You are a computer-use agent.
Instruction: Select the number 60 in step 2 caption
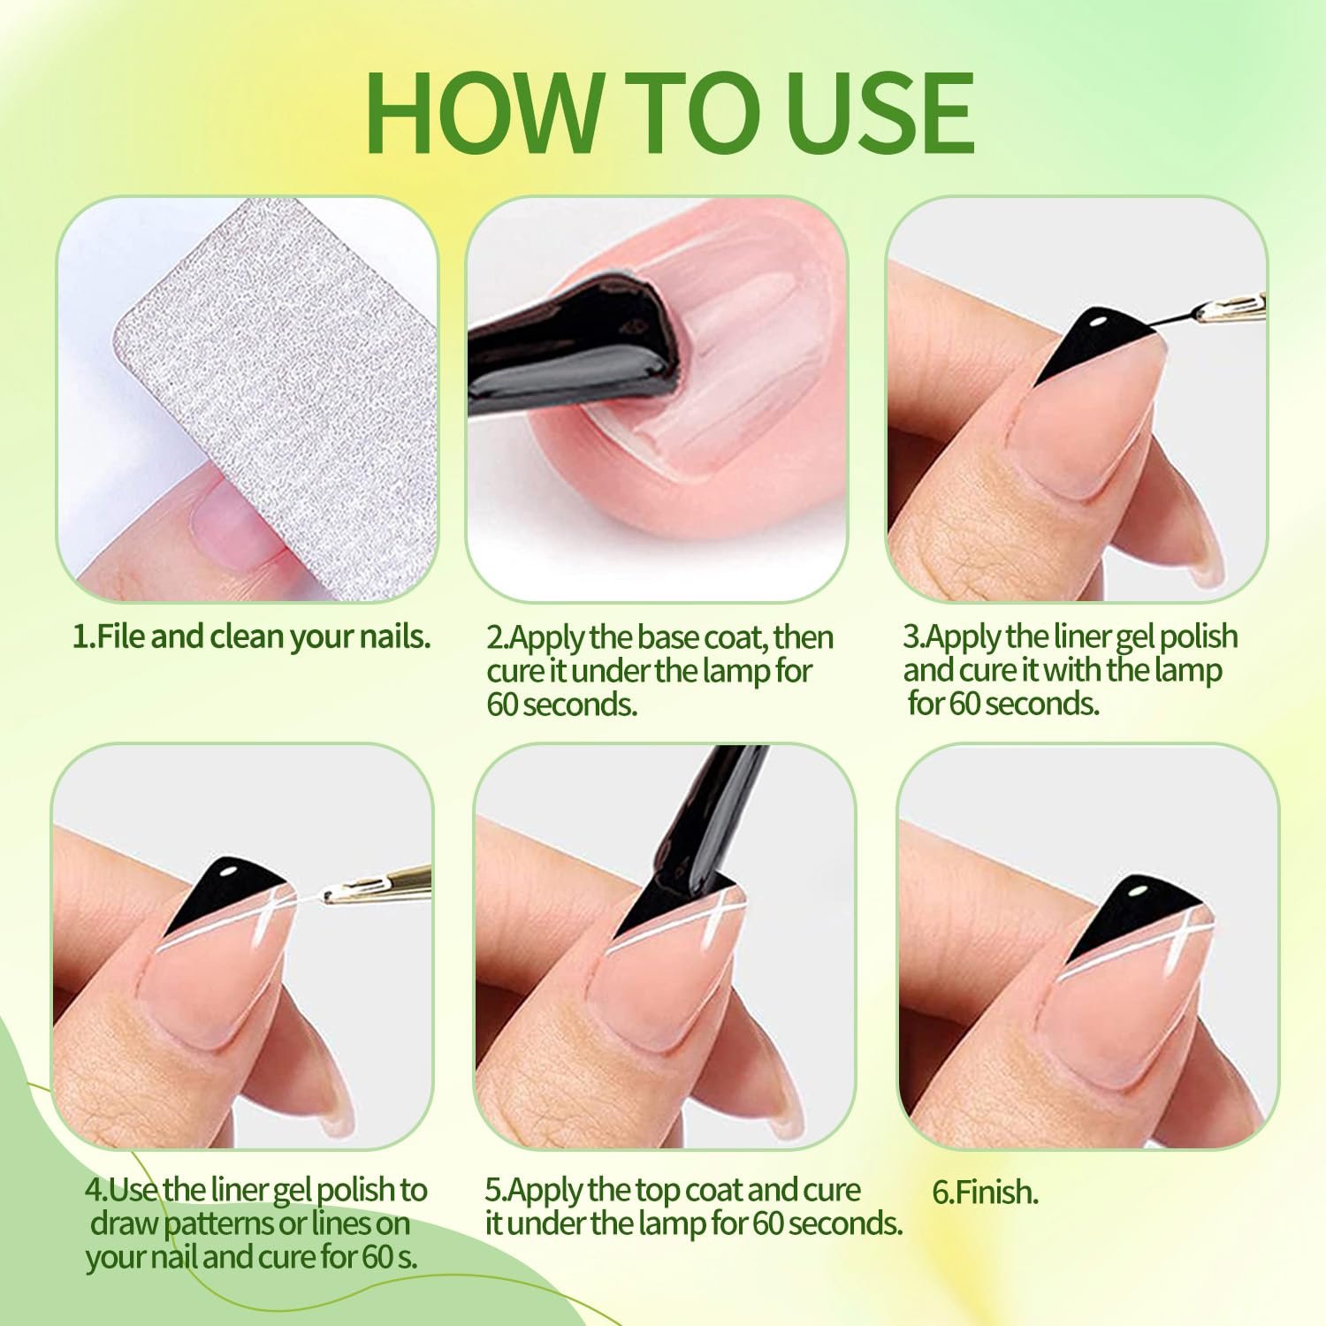coord(504,705)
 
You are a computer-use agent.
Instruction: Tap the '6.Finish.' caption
coord(985,1193)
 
